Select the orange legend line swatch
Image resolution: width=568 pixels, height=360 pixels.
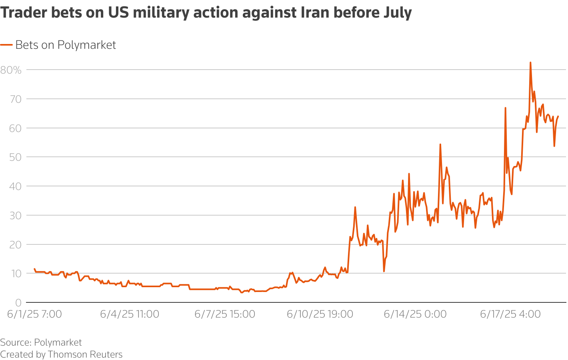click(x=6, y=45)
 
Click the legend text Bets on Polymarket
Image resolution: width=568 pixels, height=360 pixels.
click(x=66, y=45)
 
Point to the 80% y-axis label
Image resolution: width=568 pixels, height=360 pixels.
click(x=11, y=70)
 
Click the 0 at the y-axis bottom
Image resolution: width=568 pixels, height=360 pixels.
click(x=18, y=303)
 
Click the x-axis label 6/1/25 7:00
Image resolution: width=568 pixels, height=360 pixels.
click(x=35, y=314)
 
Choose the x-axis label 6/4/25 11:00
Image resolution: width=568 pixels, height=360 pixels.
click(x=130, y=314)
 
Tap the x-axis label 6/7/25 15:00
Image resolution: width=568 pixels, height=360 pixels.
click(x=225, y=314)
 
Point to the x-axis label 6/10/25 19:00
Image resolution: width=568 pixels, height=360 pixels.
click(x=320, y=314)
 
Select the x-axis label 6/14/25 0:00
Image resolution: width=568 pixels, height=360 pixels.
click(x=415, y=314)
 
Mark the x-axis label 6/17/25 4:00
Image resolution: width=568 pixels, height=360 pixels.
click(x=510, y=314)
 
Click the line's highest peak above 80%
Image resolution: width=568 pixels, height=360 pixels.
click(x=530, y=63)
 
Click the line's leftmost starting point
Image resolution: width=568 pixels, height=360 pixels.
click(x=34, y=269)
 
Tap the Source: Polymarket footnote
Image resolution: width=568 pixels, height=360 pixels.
click(x=41, y=342)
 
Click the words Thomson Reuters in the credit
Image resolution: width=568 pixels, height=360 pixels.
click(x=85, y=354)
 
